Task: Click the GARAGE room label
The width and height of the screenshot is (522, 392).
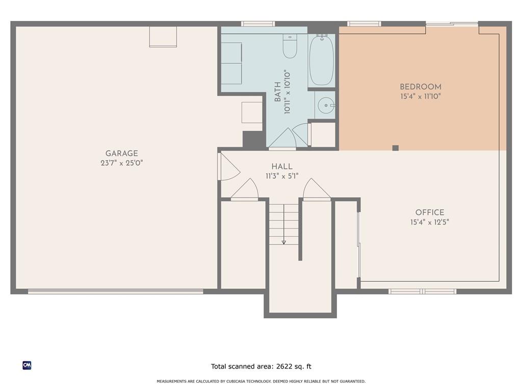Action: pyautogui.click(x=121, y=153)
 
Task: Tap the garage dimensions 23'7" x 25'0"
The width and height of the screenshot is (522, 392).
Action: pyautogui.click(x=121, y=163)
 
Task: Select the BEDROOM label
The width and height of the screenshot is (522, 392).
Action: pyautogui.click(x=421, y=87)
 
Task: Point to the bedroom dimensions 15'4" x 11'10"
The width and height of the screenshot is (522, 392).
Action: pyautogui.click(x=421, y=96)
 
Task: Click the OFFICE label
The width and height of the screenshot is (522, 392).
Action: pyautogui.click(x=429, y=212)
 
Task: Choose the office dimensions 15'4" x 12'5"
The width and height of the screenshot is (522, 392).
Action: pyautogui.click(x=429, y=222)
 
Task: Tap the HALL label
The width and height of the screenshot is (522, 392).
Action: pyautogui.click(x=282, y=166)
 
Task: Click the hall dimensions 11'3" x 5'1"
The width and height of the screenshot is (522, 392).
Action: pyautogui.click(x=282, y=176)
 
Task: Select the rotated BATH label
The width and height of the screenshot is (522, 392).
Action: pyautogui.click(x=277, y=92)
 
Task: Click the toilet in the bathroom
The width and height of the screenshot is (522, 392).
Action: pyautogui.click(x=290, y=46)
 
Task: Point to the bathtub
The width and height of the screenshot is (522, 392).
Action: pyautogui.click(x=321, y=60)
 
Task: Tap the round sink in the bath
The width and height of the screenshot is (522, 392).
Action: pyautogui.click(x=326, y=106)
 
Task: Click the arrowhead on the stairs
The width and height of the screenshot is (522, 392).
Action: pyautogui.click(x=283, y=242)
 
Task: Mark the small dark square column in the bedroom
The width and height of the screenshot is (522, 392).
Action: pyautogui.click(x=396, y=148)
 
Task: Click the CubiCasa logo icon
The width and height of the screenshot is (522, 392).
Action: pyautogui.click(x=27, y=365)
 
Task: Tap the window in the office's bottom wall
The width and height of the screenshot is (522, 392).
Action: pyautogui.click(x=423, y=291)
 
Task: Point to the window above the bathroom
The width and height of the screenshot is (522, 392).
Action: pyautogui.click(x=258, y=23)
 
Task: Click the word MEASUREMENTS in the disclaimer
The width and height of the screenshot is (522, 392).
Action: pyautogui.click(x=171, y=381)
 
